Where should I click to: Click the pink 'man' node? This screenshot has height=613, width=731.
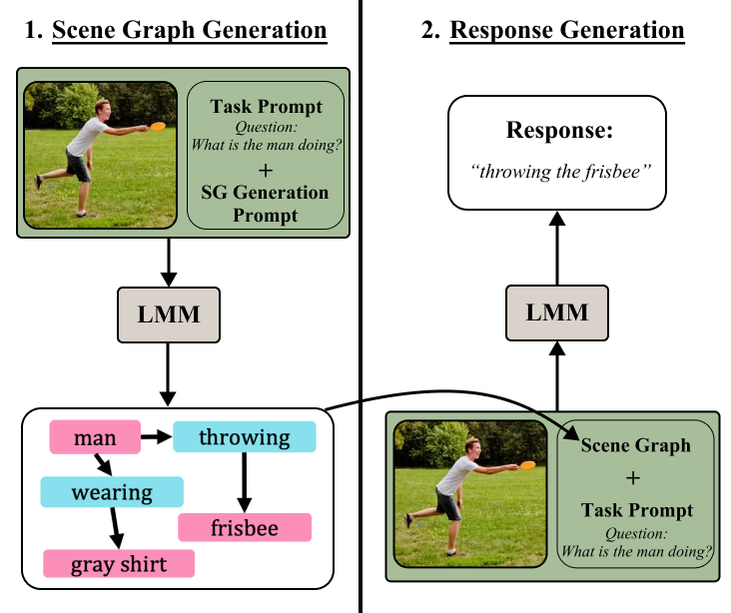pos(95,437)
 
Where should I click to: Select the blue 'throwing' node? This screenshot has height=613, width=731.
pos(244,437)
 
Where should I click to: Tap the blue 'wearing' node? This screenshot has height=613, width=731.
pos(111,492)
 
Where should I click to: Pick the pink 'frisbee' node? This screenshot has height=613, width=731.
pos(245,528)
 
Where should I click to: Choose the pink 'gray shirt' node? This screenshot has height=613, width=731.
pos(118,565)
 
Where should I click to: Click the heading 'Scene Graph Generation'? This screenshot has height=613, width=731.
pos(189,31)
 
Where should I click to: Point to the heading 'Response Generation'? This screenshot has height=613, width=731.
pos(566,31)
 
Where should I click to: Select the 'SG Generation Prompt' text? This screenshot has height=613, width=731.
pos(266,204)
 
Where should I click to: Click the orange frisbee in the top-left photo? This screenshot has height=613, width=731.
pos(158,126)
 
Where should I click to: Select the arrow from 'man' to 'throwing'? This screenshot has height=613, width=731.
pos(156,437)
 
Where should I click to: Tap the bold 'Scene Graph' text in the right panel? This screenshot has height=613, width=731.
pos(636,446)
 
